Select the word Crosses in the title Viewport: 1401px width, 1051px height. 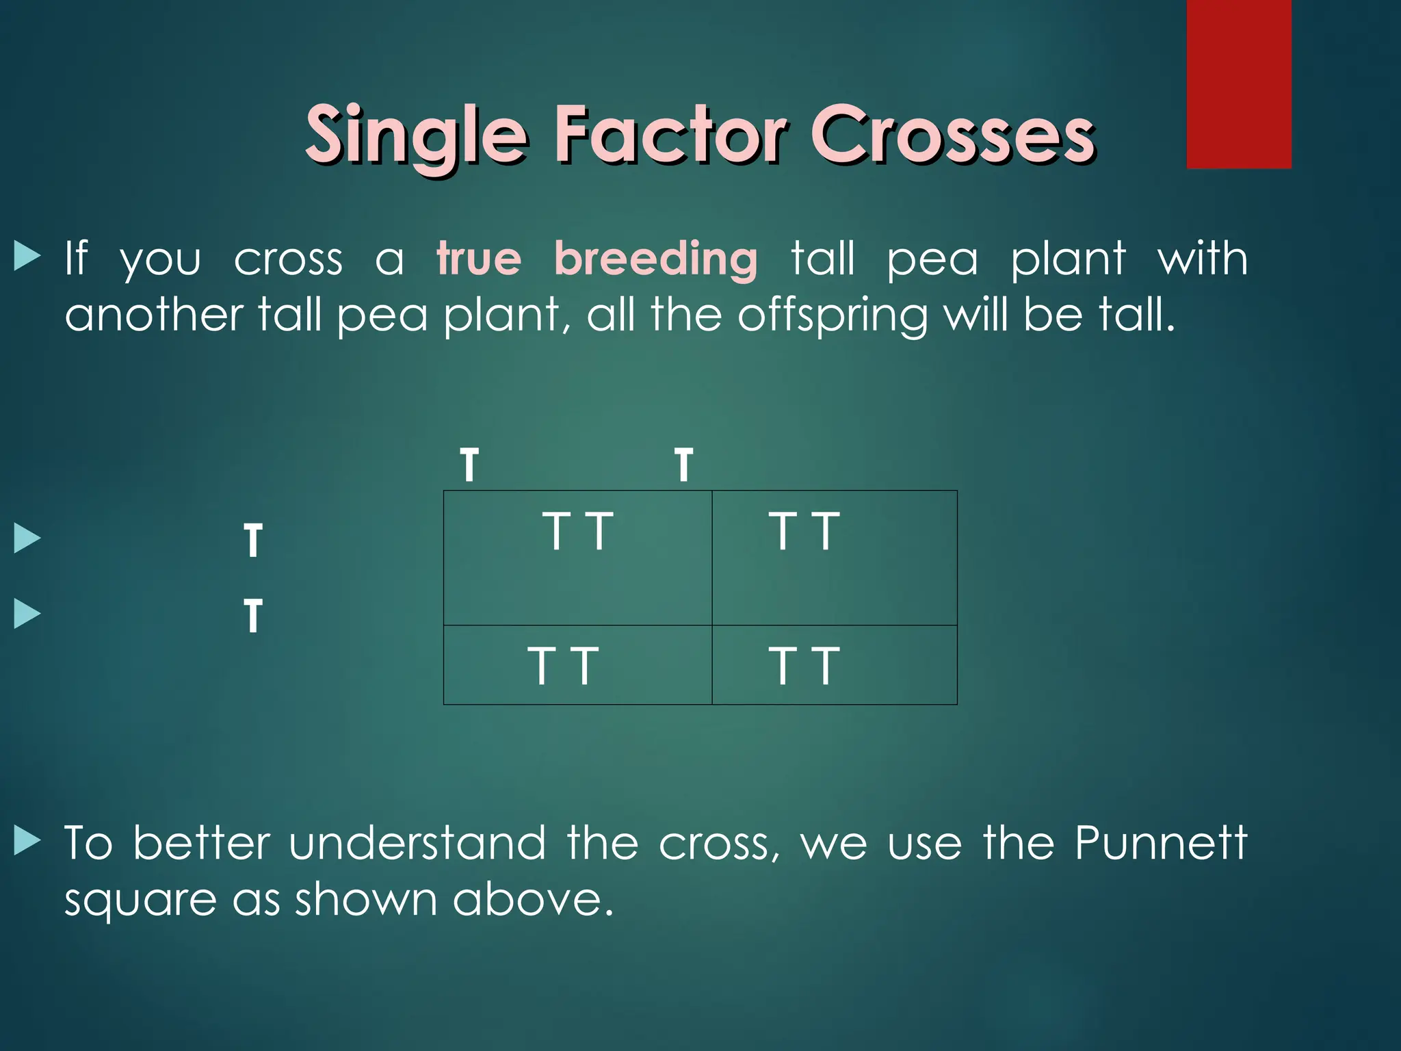[x=954, y=134]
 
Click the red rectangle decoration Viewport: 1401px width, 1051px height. [x=1238, y=83]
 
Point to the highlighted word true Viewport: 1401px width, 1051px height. [x=479, y=259]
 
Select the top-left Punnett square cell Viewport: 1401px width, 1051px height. [x=577, y=557]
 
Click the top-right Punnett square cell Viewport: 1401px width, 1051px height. [x=834, y=557]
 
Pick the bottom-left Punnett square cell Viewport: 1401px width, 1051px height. [x=577, y=664]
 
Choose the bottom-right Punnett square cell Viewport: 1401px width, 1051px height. [x=834, y=664]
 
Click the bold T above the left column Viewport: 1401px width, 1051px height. [x=469, y=465]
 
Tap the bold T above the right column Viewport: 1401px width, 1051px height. [x=683, y=465]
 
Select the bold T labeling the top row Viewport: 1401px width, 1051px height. [x=253, y=541]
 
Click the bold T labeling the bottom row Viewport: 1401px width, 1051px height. [x=253, y=616]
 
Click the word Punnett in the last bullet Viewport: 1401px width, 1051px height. [x=1160, y=843]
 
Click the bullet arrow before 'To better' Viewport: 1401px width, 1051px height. [x=27, y=841]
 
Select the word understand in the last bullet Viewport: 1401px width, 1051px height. [x=417, y=843]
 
